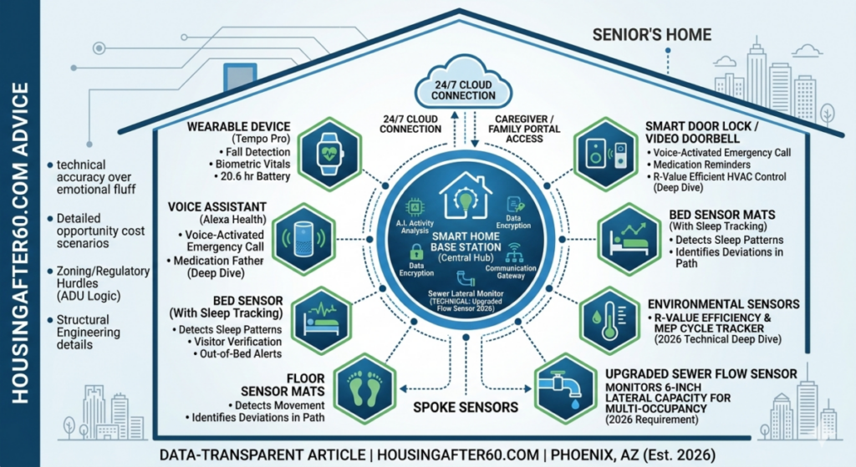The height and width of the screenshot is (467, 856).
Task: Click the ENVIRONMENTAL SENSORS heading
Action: (723, 303)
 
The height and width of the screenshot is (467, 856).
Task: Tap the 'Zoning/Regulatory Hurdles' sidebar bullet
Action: (102, 278)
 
